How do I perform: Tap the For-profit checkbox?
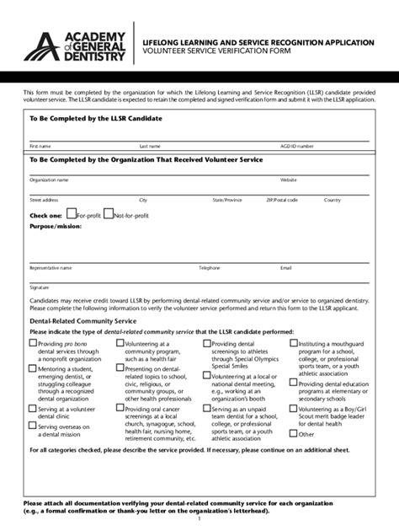[72, 215]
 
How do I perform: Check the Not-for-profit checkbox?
[108, 215]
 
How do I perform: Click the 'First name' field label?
[40, 146]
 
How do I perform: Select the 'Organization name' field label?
[49, 180]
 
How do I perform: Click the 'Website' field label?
[289, 180]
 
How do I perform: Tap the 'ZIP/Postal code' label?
[282, 200]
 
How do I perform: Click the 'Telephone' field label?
[209, 267]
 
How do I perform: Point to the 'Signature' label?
[39, 287]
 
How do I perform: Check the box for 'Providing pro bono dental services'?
[34, 344]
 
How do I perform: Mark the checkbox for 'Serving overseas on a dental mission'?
[34, 426]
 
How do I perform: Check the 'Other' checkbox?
[293, 433]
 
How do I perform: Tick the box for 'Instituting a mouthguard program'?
[293, 343]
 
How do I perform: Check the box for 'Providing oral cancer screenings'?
[120, 409]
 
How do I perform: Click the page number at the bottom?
[199, 519]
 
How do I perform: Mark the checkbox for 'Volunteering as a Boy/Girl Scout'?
[293, 409]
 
